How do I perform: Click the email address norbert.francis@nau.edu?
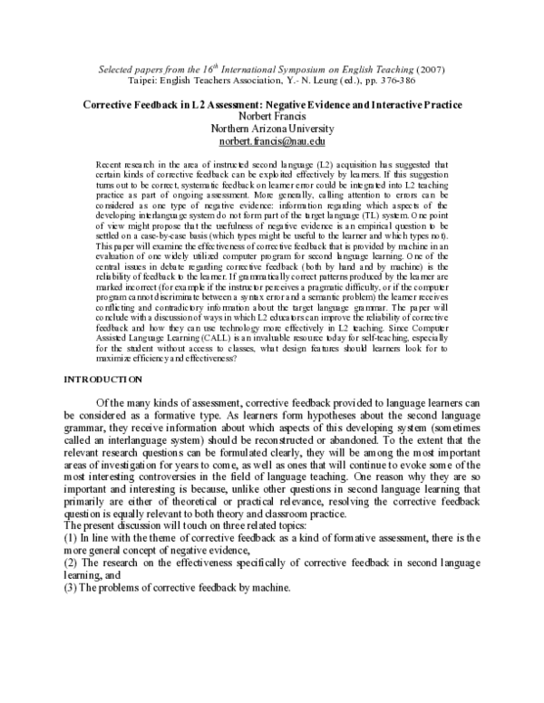[x=271, y=143]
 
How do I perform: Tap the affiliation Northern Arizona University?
[x=271, y=130]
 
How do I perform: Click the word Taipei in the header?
[x=145, y=81]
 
